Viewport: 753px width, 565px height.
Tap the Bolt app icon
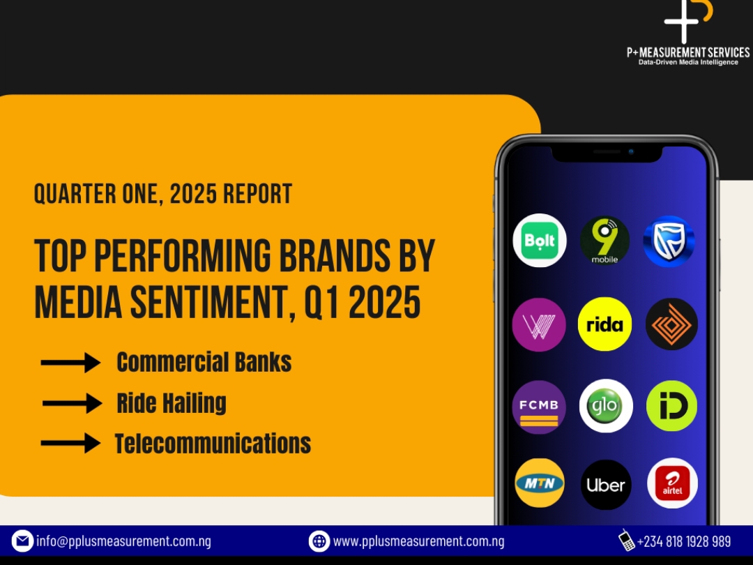click(539, 240)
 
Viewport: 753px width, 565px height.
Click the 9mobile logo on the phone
click(604, 240)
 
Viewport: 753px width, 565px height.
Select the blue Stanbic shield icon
click(669, 241)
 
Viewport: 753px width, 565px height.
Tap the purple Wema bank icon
click(539, 325)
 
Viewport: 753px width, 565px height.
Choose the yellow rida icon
click(604, 324)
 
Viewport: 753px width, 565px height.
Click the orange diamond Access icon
click(671, 324)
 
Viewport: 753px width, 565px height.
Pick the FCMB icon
click(539, 407)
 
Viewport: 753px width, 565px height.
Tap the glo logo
click(606, 406)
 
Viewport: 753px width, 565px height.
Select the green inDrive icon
click(671, 406)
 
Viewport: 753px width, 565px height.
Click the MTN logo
click(539, 483)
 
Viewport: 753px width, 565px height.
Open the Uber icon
click(606, 485)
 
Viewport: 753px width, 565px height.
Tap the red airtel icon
click(672, 483)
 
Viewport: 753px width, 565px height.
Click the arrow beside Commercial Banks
click(70, 362)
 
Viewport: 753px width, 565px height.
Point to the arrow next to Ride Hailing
click(72, 403)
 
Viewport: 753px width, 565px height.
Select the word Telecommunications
click(213, 443)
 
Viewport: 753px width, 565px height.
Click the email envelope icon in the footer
click(22, 541)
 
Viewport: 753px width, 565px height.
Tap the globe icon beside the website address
click(319, 541)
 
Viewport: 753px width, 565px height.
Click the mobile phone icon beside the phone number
click(626, 540)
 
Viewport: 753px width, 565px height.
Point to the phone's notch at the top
click(607, 153)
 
